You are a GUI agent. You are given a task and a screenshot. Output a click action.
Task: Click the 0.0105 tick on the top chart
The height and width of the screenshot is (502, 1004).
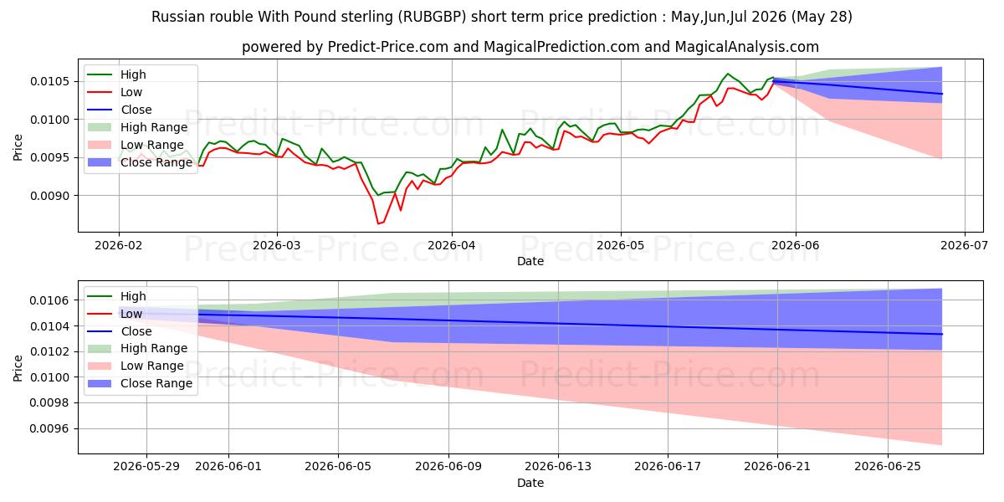click(49, 81)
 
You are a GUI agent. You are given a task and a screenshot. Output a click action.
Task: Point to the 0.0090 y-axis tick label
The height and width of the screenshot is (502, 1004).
click(49, 196)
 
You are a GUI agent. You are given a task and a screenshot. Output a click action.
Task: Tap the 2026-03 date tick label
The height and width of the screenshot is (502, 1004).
click(277, 245)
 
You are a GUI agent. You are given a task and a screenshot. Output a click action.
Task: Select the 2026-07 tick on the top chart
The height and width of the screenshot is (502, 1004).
click(964, 245)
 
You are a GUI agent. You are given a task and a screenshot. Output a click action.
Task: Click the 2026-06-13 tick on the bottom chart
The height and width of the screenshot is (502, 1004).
click(558, 467)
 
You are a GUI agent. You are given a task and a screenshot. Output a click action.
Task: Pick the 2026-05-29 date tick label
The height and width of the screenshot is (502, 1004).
click(146, 467)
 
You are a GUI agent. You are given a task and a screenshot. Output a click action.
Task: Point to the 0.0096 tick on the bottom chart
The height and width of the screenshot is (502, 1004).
click(49, 429)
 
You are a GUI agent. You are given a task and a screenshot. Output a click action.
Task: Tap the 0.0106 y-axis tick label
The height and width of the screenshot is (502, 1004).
click(49, 300)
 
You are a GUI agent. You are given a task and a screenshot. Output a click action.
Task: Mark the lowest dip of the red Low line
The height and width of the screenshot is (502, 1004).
click(378, 223)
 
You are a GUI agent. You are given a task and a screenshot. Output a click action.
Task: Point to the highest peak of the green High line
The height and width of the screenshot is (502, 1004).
click(727, 74)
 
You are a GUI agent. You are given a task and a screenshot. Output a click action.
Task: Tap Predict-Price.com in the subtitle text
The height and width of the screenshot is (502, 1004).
click(388, 47)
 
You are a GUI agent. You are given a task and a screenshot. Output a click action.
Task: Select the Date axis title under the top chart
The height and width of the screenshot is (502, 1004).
click(530, 261)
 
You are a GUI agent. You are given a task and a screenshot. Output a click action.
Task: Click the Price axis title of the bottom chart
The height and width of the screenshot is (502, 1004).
click(18, 368)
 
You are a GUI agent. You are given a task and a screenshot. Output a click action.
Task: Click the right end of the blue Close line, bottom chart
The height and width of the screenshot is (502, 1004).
click(942, 334)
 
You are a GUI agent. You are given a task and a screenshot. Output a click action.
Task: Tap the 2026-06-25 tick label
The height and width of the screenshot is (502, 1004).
click(888, 467)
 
